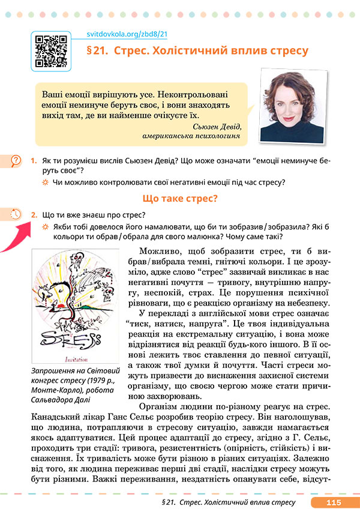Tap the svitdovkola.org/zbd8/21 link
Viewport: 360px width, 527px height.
(x=123, y=34)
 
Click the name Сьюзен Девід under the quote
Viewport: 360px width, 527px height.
(x=217, y=127)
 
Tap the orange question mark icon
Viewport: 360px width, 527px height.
(x=16, y=161)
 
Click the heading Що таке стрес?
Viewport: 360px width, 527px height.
(x=180, y=198)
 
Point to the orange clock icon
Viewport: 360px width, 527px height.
(x=16, y=214)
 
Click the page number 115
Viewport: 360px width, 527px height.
(x=334, y=502)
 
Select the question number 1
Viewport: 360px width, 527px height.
(x=34, y=161)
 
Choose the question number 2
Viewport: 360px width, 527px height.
(x=34, y=214)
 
